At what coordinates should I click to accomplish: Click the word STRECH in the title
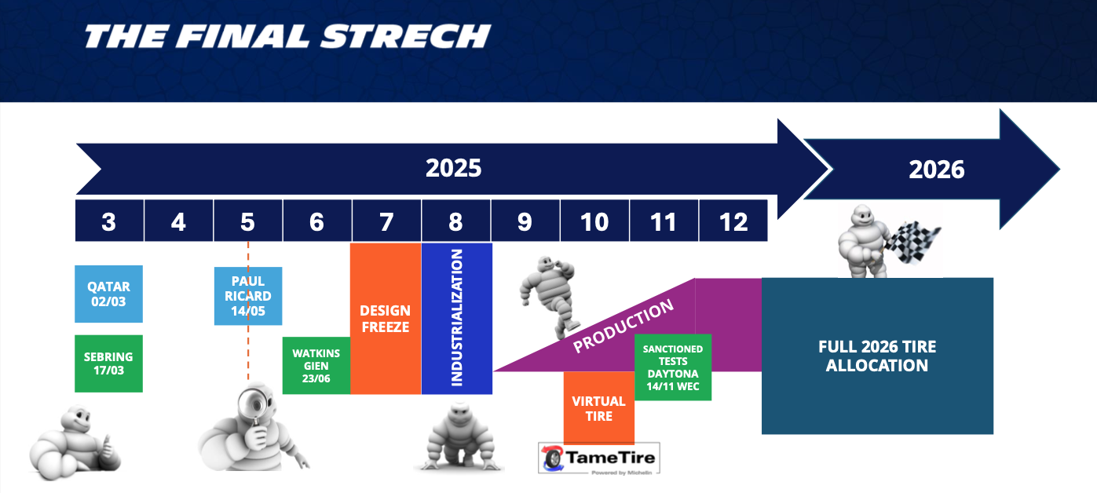(405, 36)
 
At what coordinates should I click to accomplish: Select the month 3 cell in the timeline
(109, 221)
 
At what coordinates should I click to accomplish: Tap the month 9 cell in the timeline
(525, 221)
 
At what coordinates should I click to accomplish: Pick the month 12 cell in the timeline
(733, 221)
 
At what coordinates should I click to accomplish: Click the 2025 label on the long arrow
(454, 168)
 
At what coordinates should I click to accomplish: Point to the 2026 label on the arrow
(936, 170)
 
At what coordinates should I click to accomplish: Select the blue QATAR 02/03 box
(108, 294)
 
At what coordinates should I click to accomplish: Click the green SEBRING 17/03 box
(108, 363)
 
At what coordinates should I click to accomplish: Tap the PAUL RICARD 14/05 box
(248, 296)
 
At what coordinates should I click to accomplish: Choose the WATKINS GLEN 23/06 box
(316, 365)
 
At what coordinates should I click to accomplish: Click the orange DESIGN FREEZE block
(386, 318)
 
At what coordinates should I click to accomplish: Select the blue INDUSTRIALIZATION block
(456, 318)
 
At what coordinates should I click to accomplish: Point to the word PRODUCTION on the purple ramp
(623, 326)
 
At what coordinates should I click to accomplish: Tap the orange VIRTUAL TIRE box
(599, 407)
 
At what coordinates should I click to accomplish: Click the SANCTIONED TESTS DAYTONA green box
(673, 367)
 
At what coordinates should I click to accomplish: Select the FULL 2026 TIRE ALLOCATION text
(877, 356)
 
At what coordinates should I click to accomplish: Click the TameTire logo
(599, 458)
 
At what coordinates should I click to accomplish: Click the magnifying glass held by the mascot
(254, 407)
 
